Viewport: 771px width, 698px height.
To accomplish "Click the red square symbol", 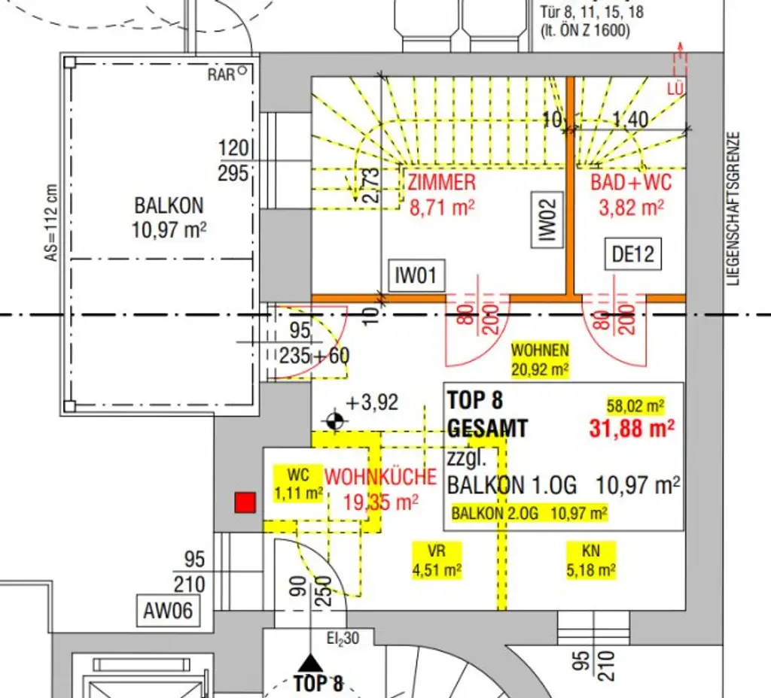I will tap(245, 502).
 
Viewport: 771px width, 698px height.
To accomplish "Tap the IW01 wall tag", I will tap(416, 276).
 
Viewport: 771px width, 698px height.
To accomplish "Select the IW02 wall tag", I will tap(547, 220).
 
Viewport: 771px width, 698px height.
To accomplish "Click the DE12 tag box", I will tap(633, 255).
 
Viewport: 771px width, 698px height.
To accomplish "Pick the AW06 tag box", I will tap(168, 611).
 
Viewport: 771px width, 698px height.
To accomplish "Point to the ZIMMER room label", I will tap(442, 182).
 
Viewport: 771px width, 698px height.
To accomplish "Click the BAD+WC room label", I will tap(631, 182).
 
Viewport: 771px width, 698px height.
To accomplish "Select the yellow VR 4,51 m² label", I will tap(437, 560).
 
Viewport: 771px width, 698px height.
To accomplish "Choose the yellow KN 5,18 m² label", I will tap(591, 560).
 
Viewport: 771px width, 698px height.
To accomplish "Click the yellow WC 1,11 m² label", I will tap(298, 484).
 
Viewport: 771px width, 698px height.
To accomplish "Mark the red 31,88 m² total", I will tap(631, 428).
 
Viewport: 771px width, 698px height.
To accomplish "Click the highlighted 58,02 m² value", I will tap(635, 407).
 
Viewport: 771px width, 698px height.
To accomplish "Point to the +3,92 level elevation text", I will tap(372, 402).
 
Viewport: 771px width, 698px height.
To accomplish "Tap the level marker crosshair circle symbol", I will tap(335, 421).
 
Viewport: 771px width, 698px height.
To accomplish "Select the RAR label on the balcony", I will tap(221, 74).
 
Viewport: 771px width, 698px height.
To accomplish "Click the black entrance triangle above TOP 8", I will tap(309, 663).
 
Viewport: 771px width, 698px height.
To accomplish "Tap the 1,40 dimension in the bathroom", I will tap(630, 118).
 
